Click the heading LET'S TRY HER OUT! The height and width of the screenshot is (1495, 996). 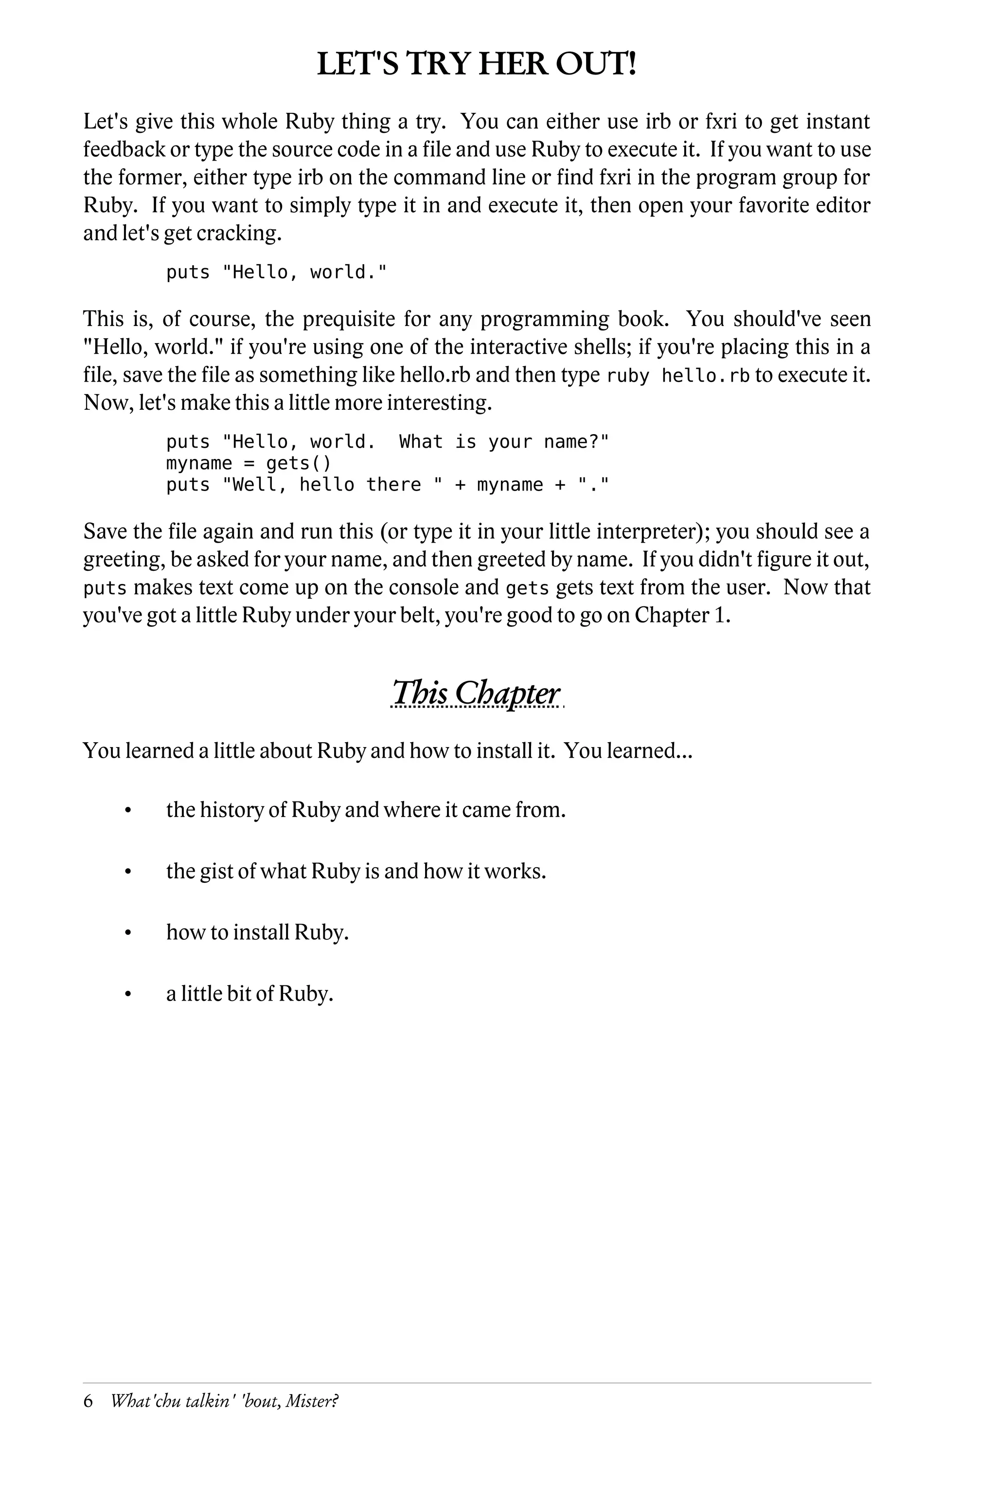click(477, 65)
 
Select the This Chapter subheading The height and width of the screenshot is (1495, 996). click(477, 693)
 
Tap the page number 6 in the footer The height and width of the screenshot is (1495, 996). click(89, 1401)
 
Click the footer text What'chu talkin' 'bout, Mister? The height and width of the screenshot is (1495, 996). click(224, 1401)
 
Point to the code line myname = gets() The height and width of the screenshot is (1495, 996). click(249, 463)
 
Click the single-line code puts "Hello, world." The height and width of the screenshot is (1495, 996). click(276, 273)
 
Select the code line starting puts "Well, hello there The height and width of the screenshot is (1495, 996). click(388, 485)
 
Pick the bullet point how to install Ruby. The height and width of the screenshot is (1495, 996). click(257, 932)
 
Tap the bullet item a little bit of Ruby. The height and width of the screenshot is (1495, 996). click(249, 993)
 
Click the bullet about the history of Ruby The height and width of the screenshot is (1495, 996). click(365, 810)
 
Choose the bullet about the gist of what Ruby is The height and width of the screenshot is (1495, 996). click(356, 871)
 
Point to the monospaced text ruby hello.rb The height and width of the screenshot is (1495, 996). click(678, 376)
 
